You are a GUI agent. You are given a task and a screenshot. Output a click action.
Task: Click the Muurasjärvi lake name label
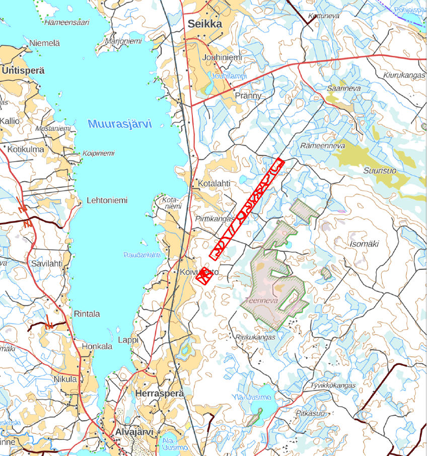pyautogui.click(x=119, y=124)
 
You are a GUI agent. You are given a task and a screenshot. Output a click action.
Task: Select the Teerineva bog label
pyautogui.click(x=259, y=300)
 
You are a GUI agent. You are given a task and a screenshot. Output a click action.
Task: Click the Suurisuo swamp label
pyautogui.click(x=380, y=171)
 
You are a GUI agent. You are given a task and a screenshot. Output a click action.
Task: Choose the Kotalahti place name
pyautogui.click(x=214, y=183)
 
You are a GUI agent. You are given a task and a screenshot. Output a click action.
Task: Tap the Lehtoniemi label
pyautogui.click(x=107, y=200)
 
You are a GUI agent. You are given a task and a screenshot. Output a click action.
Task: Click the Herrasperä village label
pyautogui.click(x=160, y=393)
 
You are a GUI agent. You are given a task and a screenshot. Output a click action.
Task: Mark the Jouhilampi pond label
pyautogui.click(x=229, y=77)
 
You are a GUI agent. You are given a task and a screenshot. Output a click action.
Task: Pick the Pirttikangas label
pyautogui.click(x=215, y=218)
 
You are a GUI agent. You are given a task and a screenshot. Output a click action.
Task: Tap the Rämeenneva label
pyautogui.click(x=322, y=146)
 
